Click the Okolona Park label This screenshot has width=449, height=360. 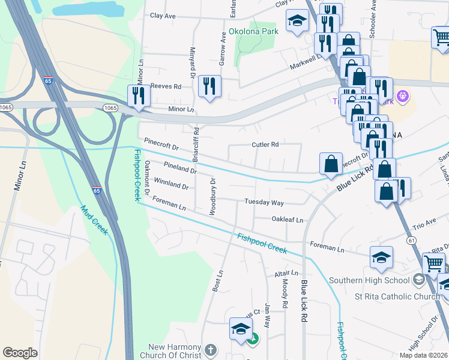click(x=254, y=31)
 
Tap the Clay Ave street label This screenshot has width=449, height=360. click(x=163, y=16)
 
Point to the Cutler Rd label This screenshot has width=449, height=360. click(x=265, y=145)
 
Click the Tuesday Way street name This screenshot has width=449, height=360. click(x=264, y=203)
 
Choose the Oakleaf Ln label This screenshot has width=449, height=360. click(x=288, y=220)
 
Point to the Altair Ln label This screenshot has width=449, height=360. click(x=282, y=273)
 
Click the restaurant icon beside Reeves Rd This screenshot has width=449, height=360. click(x=209, y=85)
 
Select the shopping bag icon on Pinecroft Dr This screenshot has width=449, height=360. click(x=331, y=163)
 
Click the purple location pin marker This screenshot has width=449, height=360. click(x=402, y=95)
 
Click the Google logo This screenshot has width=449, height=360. click(x=20, y=353)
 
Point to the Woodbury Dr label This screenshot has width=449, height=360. click(x=212, y=196)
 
